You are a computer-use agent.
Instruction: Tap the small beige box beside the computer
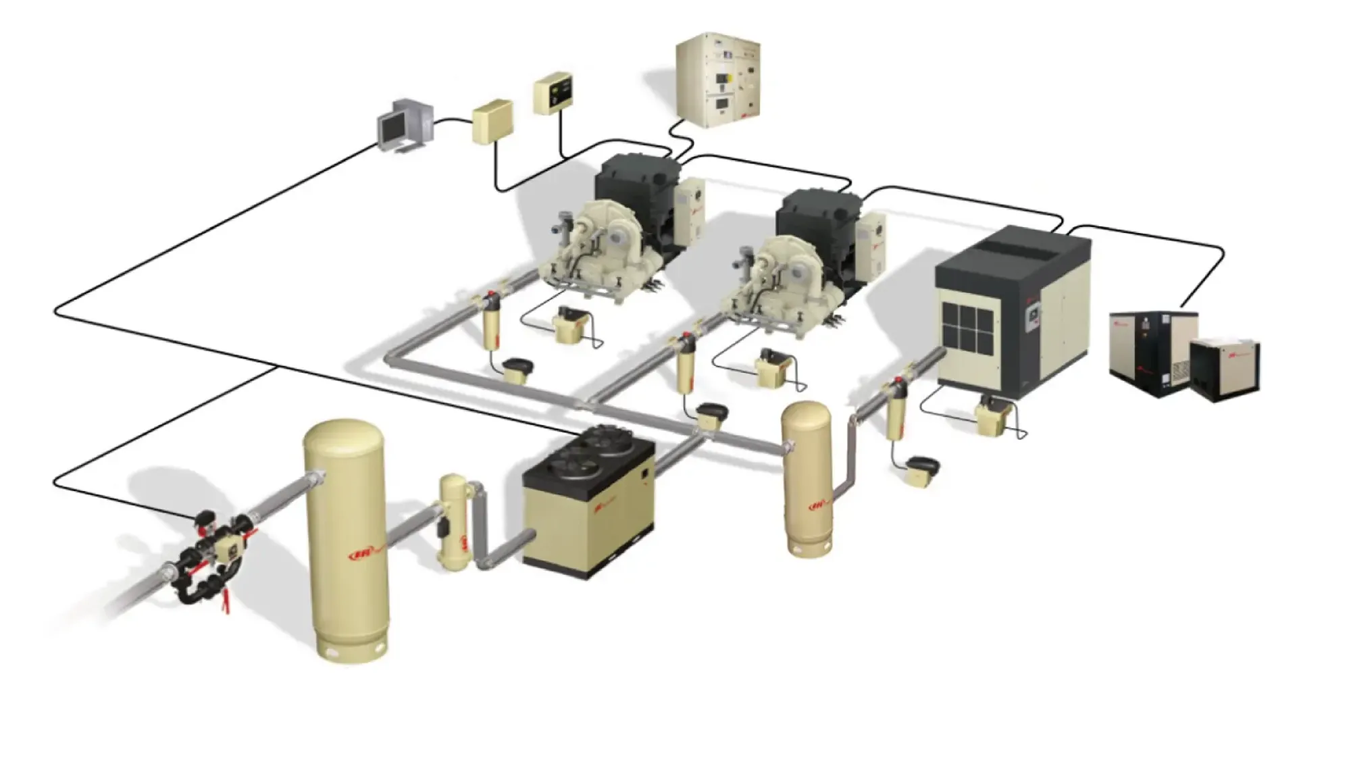[x=491, y=121]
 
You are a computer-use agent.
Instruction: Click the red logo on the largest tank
[x=362, y=554]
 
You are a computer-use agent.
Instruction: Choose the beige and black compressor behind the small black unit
[x=1148, y=351]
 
